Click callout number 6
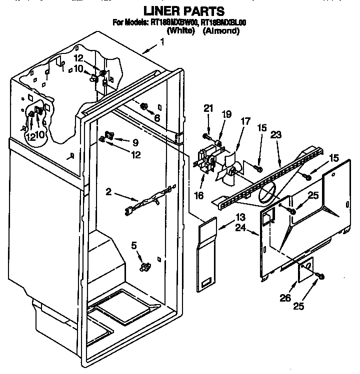157,118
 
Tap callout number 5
134,245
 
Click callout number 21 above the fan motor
208,107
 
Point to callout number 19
226,114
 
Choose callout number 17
245,120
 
